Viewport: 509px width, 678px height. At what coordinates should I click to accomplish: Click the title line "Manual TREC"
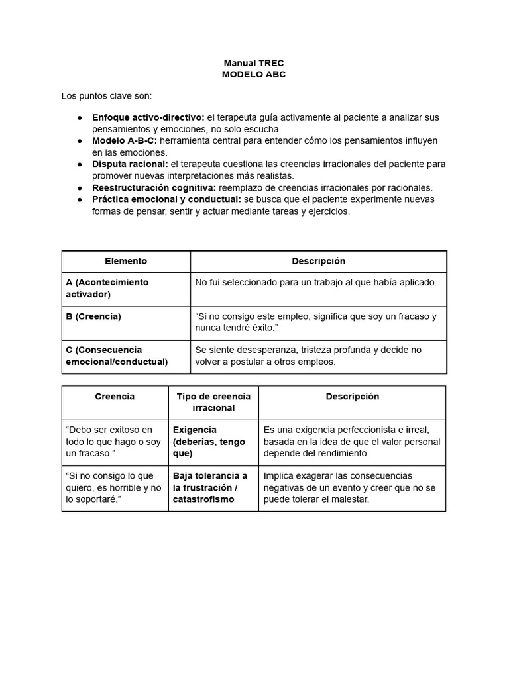tap(254, 63)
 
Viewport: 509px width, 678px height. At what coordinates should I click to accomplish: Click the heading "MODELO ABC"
tap(254, 75)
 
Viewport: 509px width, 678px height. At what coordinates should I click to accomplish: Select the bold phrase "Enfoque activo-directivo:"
tap(148, 117)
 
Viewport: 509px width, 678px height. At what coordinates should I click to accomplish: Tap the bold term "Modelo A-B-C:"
tap(125, 141)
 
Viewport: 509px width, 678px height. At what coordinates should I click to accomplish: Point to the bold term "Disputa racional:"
tap(130, 164)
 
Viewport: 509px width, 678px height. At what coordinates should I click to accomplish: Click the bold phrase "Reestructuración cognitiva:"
tap(154, 188)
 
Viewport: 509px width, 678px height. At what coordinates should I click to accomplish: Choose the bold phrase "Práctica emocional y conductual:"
tap(166, 200)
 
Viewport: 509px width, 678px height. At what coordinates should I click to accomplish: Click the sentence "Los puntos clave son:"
tap(107, 96)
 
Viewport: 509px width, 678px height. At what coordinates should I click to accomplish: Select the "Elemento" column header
tap(126, 262)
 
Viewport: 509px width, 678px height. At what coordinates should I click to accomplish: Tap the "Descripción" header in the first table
tap(318, 262)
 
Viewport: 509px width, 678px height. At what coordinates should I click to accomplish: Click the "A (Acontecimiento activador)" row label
tap(107, 288)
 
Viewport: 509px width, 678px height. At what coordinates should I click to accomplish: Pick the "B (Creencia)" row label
tap(93, 316)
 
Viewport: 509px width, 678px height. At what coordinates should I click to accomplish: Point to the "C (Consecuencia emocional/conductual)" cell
tap(117, 356)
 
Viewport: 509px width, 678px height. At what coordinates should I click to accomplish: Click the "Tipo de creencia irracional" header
tap(213, 402)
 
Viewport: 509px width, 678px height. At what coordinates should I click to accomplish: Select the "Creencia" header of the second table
tap(115, 397)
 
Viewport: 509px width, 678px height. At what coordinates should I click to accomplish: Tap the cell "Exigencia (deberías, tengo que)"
tap(209, 442)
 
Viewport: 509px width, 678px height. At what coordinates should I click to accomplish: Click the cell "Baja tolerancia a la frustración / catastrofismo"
tap(210, 487)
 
